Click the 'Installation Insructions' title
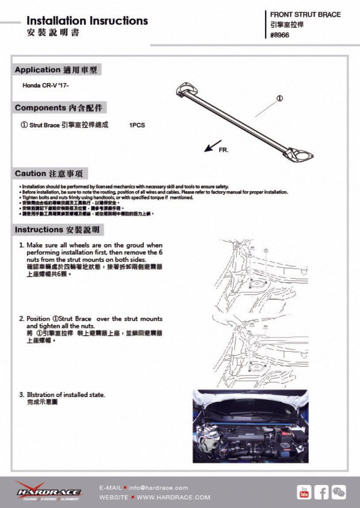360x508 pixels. point(87,21)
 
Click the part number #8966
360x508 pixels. point(280,35)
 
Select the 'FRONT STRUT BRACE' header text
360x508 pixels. point(305,15)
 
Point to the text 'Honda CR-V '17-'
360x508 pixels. point(46,85)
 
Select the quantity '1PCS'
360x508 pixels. point(137,125)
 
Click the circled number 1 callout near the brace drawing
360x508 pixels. point(280,98)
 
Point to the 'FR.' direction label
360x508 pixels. point(224,151)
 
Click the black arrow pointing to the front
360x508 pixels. point(212,146)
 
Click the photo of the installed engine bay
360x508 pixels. point(250,426)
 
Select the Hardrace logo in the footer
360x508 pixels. point(48,491)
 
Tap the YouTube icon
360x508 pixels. point(304,492)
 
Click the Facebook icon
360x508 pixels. point(321,492)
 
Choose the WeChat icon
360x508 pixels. point(339,492)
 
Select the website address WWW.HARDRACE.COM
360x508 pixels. point(173,497)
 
